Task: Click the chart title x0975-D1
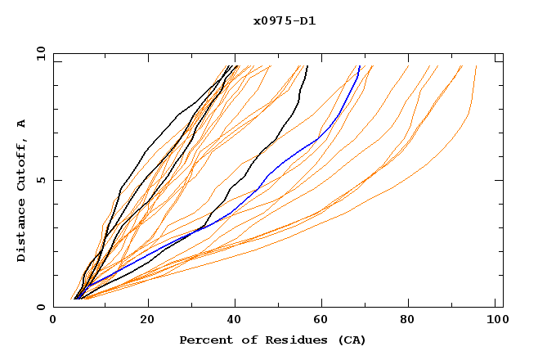click(x=285, y=21)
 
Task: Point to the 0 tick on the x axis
click(x=54, y=322)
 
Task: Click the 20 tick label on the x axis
click(x=147, y=322)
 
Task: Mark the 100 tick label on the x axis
click(x=495, y=322)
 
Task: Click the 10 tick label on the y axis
click(x=39, y=53)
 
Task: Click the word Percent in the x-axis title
click(x=204, y=340)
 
